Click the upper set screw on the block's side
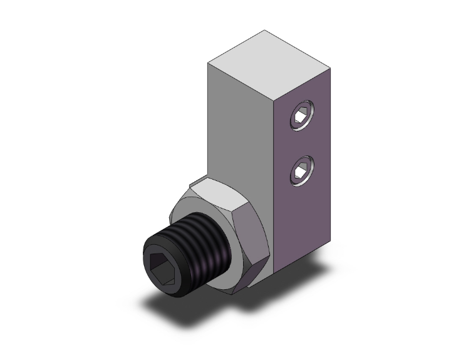(300, 117)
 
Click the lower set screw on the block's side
(300, 169)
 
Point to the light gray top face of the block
(269, 63)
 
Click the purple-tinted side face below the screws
(304, 225)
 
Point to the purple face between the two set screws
(301, 143)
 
